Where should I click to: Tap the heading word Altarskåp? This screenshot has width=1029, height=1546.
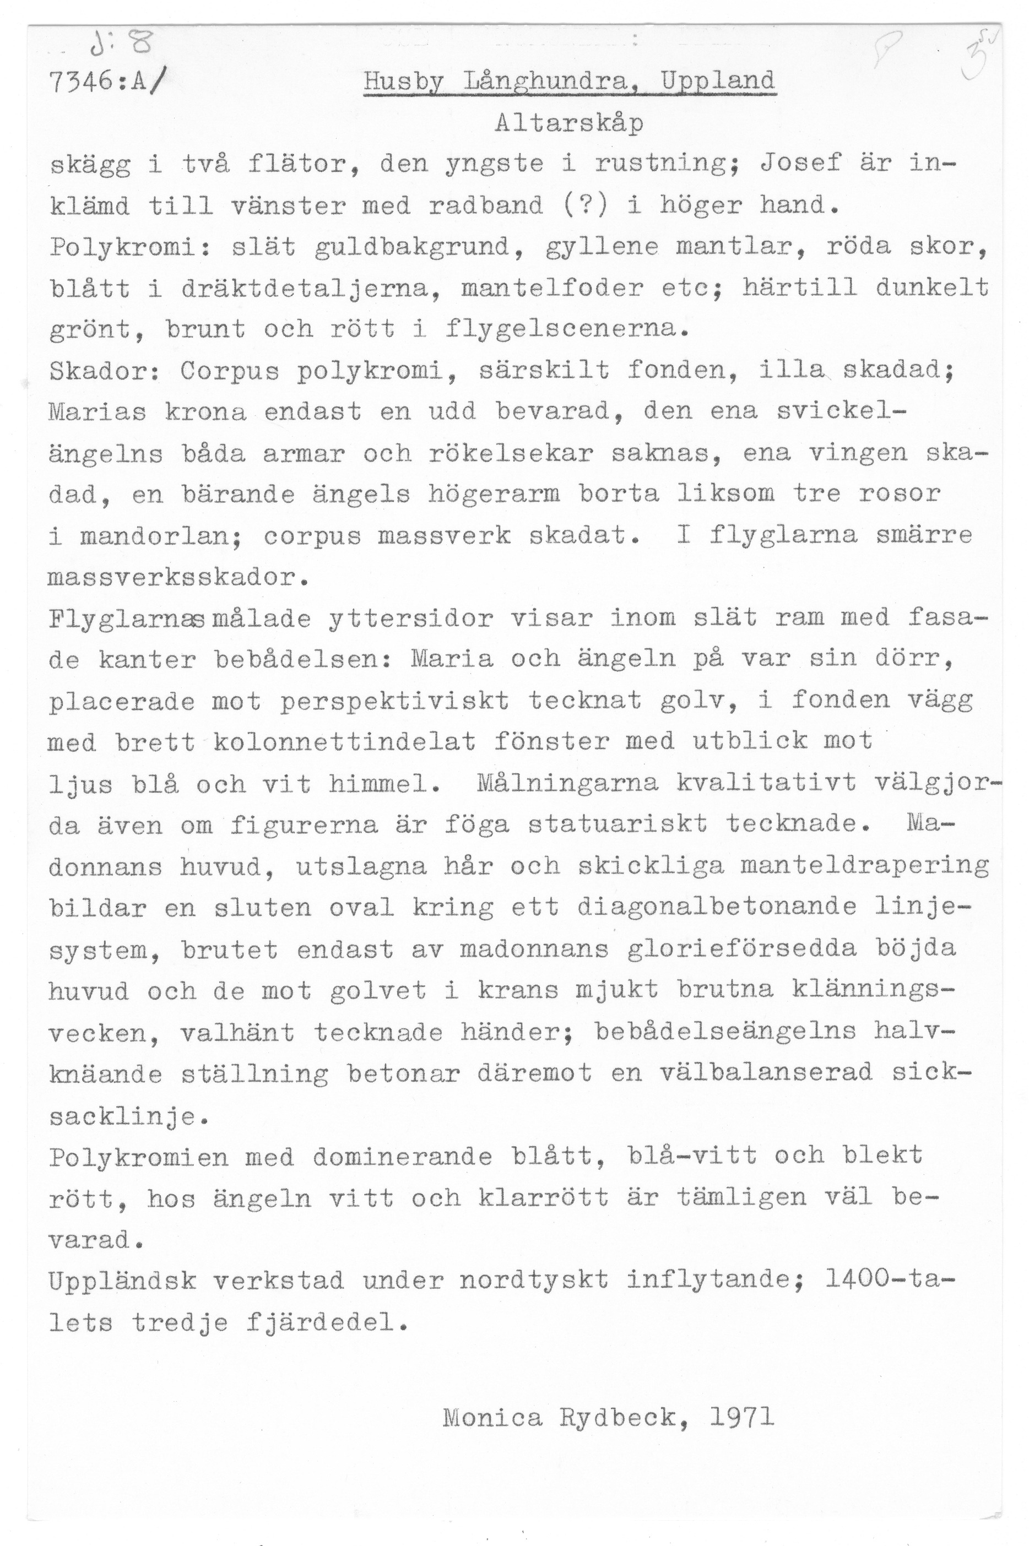[x=569, y=123]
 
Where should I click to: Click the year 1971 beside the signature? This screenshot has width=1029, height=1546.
[x=742, y=1419]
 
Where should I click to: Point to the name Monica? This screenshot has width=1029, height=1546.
[x=493, y=1419]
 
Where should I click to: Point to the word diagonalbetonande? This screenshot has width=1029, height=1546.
[x=717, y=908]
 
